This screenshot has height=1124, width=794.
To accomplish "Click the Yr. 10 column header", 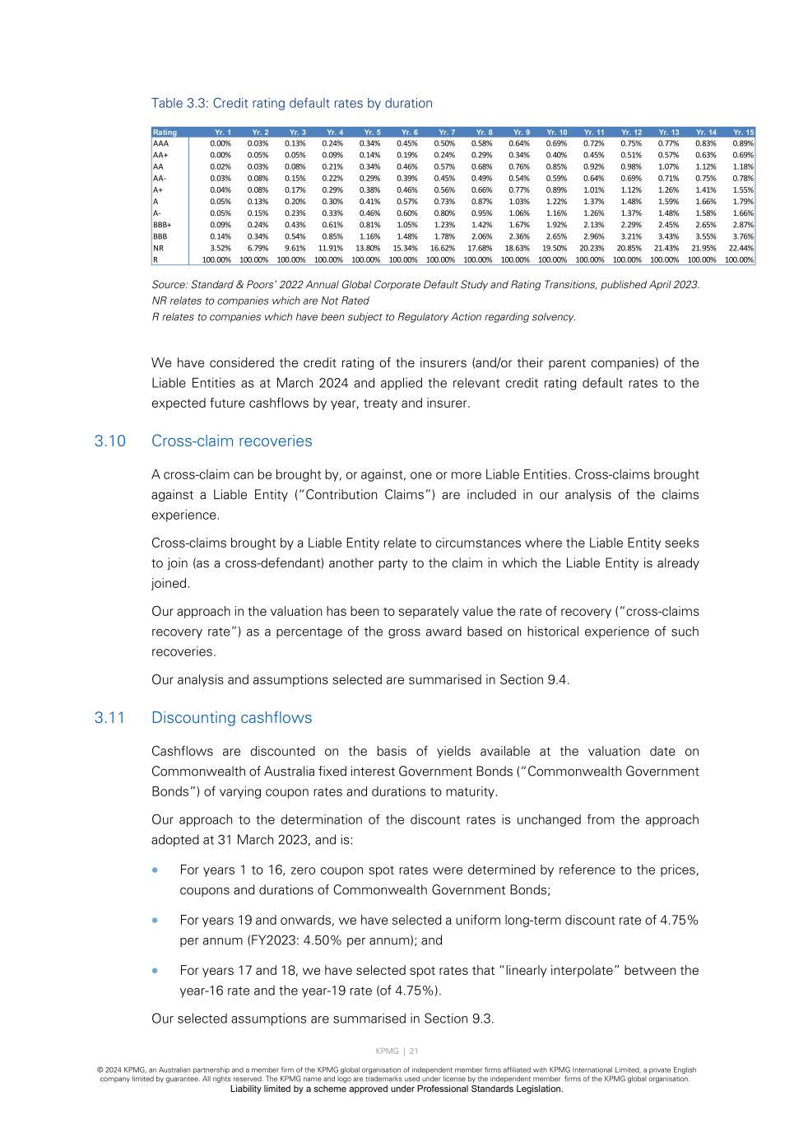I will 557,132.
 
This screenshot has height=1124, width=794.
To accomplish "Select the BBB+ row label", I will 162,224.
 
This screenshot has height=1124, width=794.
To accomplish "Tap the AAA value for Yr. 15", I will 743,143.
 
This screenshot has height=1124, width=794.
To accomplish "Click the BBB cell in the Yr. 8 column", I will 481,236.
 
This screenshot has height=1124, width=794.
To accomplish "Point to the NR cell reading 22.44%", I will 741,248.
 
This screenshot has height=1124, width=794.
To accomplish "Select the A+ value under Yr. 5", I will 369,189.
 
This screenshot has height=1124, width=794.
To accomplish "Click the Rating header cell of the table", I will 165,132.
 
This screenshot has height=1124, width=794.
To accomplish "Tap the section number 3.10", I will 109,441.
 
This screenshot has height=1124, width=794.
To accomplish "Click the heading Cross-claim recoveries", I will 231,441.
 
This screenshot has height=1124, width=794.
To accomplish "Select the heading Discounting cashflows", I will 231,718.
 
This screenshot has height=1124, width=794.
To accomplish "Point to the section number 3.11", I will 109,718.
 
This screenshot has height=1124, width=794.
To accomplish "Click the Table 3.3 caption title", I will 291,103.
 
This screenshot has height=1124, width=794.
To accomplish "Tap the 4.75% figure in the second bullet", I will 679,921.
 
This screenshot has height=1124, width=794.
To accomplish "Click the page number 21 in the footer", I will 413,1052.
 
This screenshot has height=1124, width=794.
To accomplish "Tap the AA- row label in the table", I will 160,178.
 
